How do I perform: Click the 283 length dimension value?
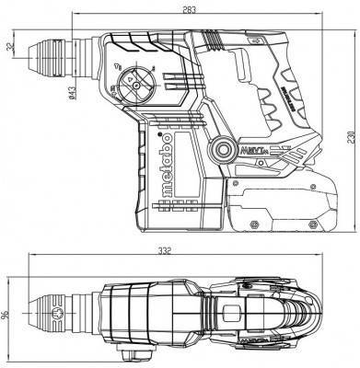[x=188, y=10]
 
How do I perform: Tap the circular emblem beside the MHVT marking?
[x=220, y=148]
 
